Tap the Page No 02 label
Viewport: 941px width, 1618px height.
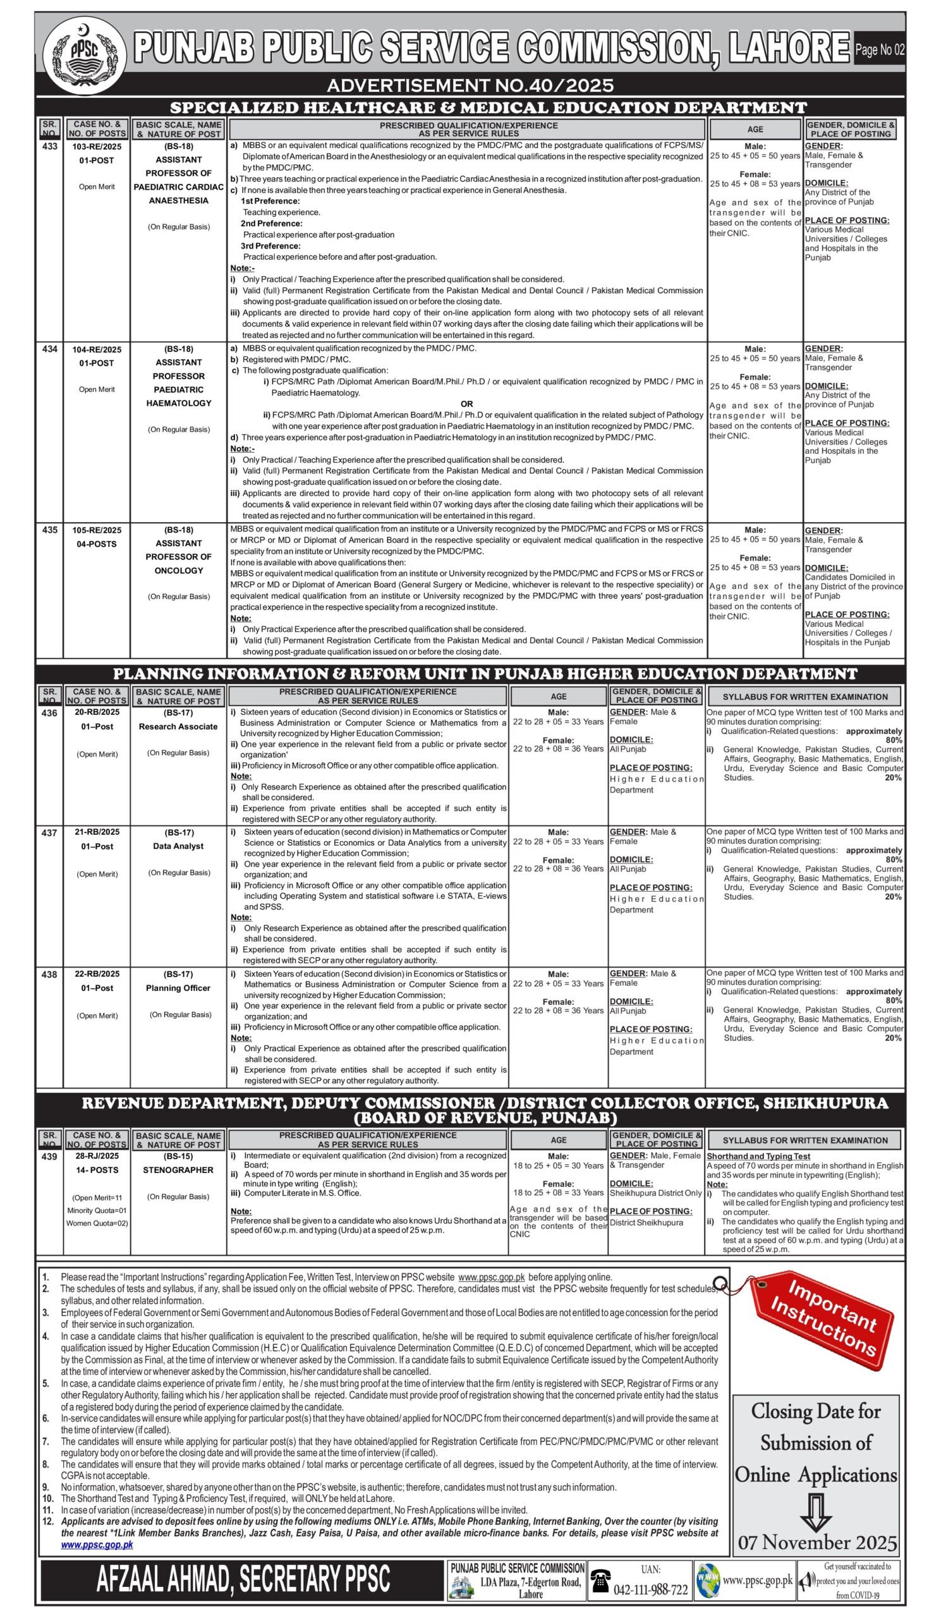(879, 49)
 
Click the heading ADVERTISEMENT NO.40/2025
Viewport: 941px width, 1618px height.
(470, 85)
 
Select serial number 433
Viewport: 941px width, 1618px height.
(49, 146)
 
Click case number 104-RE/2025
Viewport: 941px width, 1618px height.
(97, 350)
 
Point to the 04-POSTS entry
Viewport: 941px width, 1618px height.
(97, 544)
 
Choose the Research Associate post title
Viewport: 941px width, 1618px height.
(178, 726)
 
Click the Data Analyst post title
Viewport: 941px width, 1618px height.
(178, 846)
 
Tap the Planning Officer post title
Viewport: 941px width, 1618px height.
(178, 987)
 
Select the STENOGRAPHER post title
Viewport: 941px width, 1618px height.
(178, 1169)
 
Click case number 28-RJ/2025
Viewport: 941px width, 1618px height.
(97, 1156)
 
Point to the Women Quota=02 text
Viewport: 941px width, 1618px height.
(97, 1223)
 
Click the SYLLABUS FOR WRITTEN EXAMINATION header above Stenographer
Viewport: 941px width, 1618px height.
(804, 1140)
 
